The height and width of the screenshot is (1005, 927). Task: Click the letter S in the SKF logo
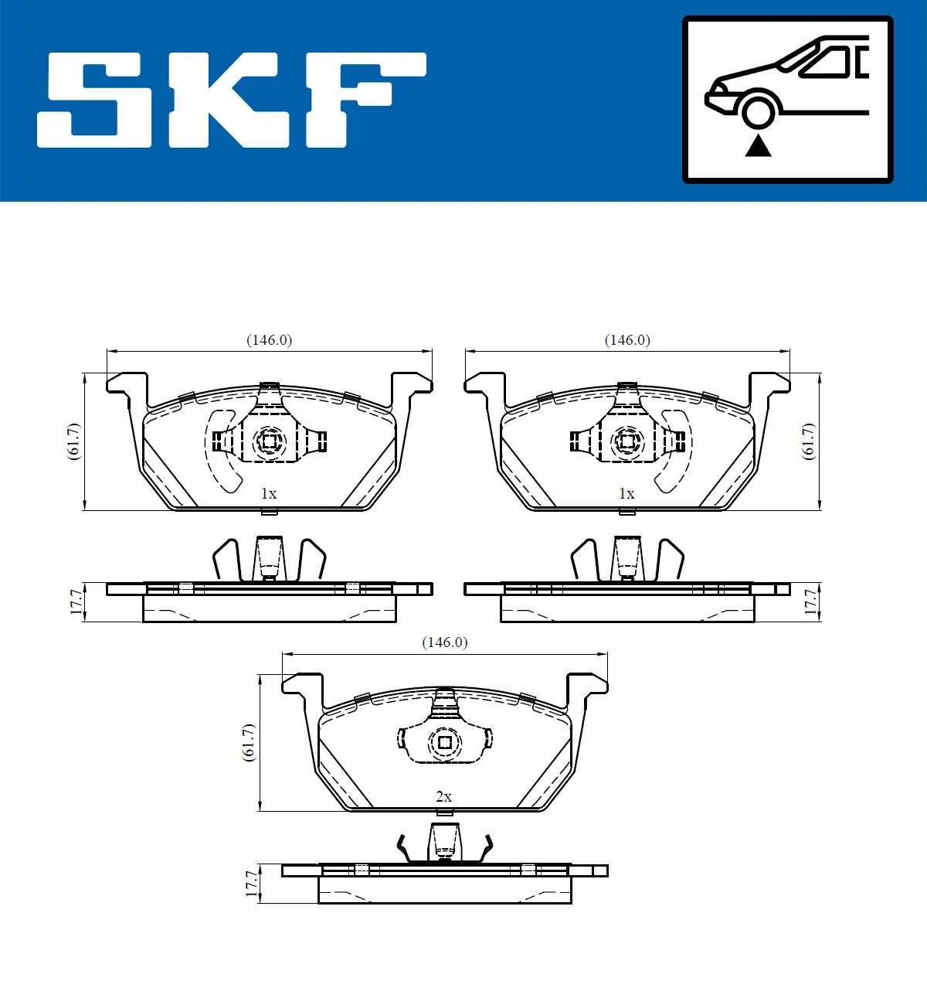97,100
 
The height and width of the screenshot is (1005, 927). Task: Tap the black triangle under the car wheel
758,145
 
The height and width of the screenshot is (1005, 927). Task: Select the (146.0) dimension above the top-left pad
269,340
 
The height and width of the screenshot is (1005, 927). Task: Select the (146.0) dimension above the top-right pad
626,340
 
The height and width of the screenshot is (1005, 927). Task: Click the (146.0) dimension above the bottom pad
444,642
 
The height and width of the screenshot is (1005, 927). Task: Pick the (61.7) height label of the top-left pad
73,441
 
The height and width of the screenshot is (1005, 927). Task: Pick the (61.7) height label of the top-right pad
808,441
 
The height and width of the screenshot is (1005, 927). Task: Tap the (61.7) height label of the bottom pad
249,743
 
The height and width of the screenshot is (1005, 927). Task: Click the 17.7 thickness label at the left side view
76,602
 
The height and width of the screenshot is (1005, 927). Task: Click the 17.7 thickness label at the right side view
810,602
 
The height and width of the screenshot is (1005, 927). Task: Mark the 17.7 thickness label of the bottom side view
251,884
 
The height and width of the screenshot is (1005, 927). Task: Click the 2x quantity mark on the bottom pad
443,796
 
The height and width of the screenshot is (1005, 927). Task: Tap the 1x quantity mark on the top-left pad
268,493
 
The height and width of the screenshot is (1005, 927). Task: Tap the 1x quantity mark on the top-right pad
626,493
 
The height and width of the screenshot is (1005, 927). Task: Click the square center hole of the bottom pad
445,743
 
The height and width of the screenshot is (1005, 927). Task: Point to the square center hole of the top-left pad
270,442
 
